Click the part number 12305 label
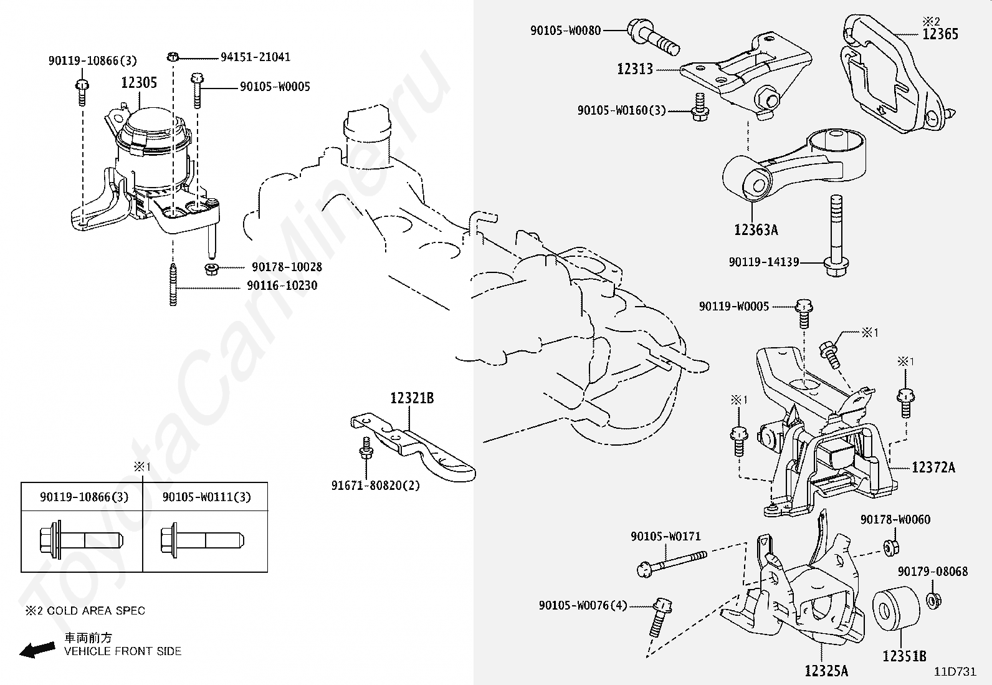[139, 82]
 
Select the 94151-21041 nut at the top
[173, 57]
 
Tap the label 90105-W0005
[275, 87]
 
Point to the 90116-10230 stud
[173, 284]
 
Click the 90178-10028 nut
[211, 268]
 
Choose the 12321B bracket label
[412, 398]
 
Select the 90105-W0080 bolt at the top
[653, 37]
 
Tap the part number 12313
[635, 69]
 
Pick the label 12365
[940, 34]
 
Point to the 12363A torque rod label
[756, 230]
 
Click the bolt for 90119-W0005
[804, 314]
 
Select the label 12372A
[933, 467]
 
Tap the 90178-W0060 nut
[890, 548]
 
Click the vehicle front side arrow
[37, 649]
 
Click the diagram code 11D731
[955, 672]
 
